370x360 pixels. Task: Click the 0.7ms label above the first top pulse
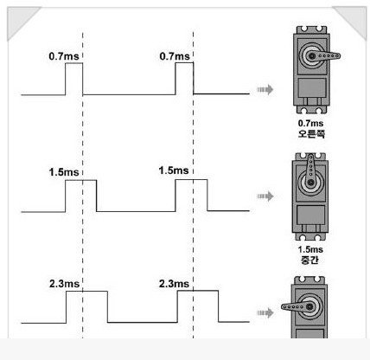click(x=64, y=56)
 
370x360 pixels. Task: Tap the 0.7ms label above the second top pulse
click(x=175, y=56)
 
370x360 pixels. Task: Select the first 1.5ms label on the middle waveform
click(x=64, y=172)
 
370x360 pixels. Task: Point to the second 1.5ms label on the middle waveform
click(x=174, y=170)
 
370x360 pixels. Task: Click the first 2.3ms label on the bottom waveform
click(x=64, y=284)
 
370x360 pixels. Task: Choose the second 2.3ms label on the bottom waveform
click(x=174, y=284)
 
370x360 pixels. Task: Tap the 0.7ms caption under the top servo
click(x=310, y=123)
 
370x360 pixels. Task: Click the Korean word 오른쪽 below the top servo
click(x=311, y=134)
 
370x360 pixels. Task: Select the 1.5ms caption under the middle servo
click(x=310, y=249)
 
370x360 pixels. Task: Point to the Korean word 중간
click(x=309, y=260)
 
